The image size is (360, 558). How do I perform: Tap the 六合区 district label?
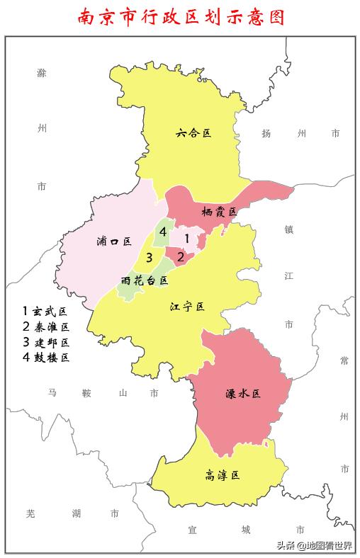[x=194, y=132]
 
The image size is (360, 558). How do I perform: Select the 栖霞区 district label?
[x=218, y=211]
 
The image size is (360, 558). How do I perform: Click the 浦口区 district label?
[x=113, y=241]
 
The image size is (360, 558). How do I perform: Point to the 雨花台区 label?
[x=145, y=280]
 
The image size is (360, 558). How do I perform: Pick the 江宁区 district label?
[x=187, y=307]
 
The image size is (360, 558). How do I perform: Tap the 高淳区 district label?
[x=222, y=475]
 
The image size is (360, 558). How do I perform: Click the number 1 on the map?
[x=186, y=239]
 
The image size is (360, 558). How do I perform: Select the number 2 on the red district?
[x=181, y=257]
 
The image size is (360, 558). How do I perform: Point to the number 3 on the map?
[x=149, y=256]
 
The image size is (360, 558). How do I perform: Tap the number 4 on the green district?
[x=163, y=232]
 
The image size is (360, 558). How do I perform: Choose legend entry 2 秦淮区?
[x=45, y=326]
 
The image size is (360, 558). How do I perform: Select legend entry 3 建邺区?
[x=45, y=342]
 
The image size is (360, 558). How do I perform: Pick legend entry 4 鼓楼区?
[x=45, y=358]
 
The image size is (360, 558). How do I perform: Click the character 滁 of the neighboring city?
[x=41, y=73]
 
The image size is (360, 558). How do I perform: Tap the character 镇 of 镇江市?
[x=288, y=229]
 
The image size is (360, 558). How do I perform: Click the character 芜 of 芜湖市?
[x=30, y=513]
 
